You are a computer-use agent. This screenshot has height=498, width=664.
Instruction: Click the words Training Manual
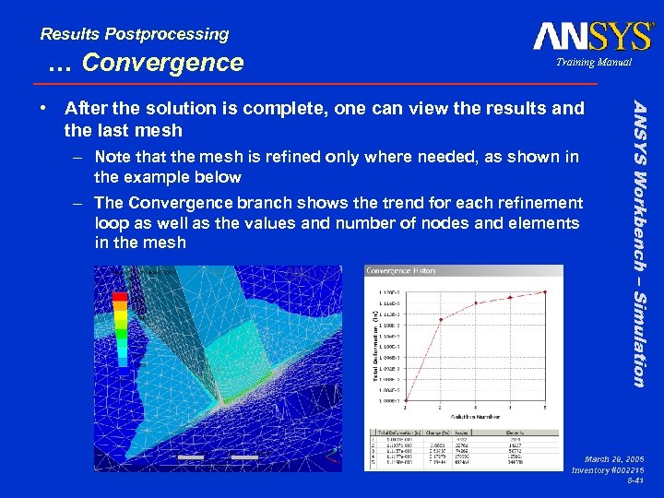[595, 62]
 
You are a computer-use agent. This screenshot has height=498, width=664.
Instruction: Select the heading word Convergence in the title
[162, 63]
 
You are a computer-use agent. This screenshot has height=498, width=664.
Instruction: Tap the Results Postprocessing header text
[135, 34]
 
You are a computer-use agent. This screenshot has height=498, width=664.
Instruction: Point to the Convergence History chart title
[401, 271]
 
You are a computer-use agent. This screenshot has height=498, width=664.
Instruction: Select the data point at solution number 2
[442, 320]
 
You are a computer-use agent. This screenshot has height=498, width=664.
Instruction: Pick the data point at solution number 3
[476, 302]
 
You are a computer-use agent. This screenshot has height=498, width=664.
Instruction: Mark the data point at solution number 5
[544, 291]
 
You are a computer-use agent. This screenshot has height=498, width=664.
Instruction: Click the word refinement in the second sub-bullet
[541, 202]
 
